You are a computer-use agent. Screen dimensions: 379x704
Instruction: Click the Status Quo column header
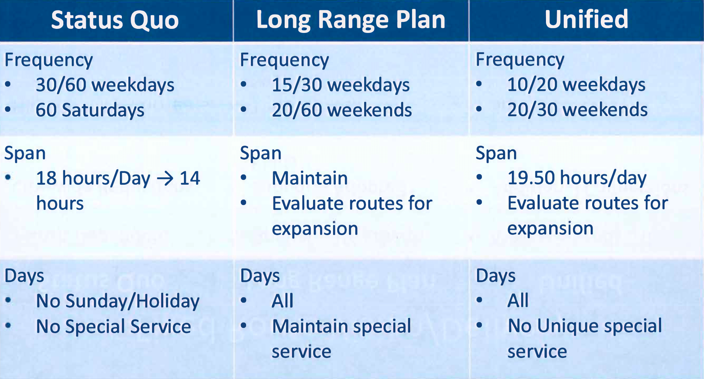(115, 20)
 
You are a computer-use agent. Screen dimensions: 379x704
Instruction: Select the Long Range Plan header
(351, 20)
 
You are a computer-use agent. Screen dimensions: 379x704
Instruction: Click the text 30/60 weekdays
(105, 85)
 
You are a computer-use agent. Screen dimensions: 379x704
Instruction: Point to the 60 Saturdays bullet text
(90, 110)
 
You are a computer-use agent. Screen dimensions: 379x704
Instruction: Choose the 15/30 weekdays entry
(341, 85)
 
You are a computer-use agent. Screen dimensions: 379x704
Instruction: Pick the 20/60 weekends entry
(342, 110)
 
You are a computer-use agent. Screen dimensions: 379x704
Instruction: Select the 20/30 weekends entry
(577, 110)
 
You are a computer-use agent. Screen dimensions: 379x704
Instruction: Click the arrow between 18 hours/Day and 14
(165, 178)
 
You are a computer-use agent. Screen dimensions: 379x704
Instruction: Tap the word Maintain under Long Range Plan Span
(310, 178)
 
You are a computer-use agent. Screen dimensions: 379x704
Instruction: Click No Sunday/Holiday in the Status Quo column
(117, 301)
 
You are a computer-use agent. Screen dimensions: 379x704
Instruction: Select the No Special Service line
(113, 326)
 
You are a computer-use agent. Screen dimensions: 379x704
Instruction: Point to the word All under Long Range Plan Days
(282, 301)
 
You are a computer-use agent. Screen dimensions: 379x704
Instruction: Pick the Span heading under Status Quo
(25, 153)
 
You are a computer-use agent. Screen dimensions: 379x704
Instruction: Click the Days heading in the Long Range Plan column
(260, 276)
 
